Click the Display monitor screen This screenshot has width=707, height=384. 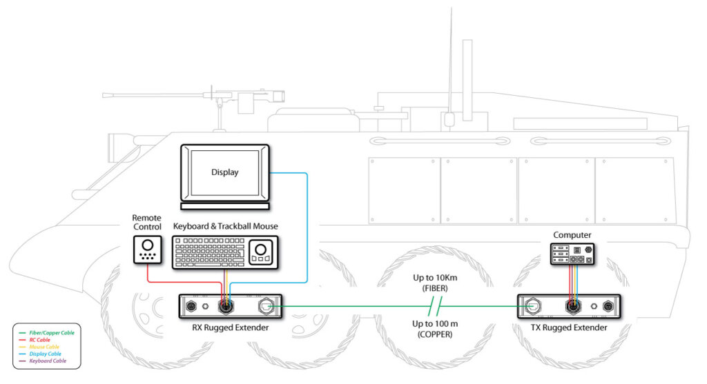tap(224, 172)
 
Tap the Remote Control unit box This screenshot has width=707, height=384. tap(146, 250)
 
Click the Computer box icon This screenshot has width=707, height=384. tap(572, 254)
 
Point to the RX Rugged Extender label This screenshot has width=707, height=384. tap(231, 327)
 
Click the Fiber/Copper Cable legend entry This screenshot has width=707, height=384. tap(49, 333)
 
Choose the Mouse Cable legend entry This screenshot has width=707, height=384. tap(44, 347)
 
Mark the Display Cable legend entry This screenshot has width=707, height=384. tap(45, 354)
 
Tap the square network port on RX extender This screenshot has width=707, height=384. tap(267, 305)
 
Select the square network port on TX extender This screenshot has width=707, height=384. tap(534, 305)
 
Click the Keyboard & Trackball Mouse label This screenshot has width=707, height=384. tap(225, 226)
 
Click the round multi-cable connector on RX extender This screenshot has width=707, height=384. tap(224, 305)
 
